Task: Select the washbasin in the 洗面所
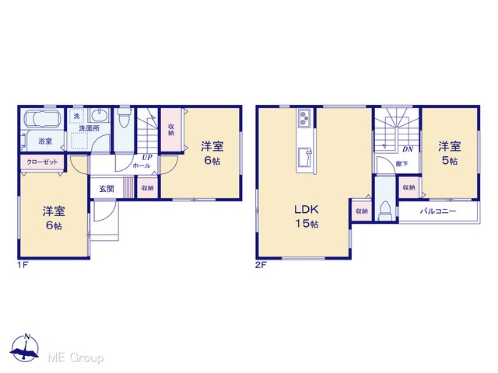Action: tap(99, 115)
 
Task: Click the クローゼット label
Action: tap(42, 162)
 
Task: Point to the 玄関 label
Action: tap(107, 189)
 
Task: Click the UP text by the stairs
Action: tap(147, 157)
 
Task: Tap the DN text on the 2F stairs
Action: tap(408, 149)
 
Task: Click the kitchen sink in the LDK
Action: tap(305, 157)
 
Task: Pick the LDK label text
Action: tap(306, 209)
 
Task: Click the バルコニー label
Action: tap(438, 211)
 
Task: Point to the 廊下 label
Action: tap(402, 164)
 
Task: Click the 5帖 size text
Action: tap(450, 161)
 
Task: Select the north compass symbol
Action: tap(25, 348)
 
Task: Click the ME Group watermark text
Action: tap(75, 358)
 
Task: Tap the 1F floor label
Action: tap(23, 265)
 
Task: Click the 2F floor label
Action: tap(261, 265)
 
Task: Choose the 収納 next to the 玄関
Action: tap(147, 188)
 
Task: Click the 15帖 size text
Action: tap(307, 224)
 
